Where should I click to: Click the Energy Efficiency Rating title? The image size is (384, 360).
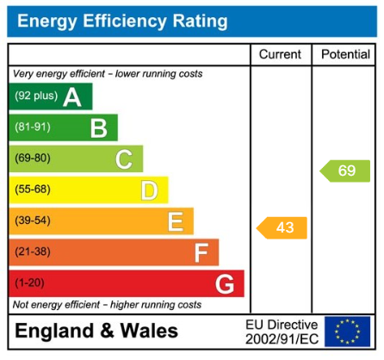point(123,21)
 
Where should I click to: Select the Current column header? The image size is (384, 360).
point(280,54)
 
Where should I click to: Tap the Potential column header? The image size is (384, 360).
point(345,54)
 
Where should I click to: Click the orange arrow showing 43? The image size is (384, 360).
point(282,227)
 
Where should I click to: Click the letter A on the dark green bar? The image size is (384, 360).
point(72,97)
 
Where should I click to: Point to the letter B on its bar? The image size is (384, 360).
point(98,128)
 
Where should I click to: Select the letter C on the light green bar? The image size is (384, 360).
point(124,159)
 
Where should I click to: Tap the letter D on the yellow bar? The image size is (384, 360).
point(149,190)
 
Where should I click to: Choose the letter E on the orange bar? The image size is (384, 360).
point(175,221)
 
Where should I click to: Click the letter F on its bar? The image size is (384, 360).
point(201,252)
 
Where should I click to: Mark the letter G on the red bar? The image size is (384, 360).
point(225,283)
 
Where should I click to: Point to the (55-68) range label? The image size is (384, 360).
point(33,189)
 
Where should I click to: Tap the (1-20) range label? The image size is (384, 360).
point(29,282)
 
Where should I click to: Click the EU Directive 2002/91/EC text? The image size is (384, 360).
point(282,332)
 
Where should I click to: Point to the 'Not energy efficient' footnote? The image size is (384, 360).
point(107,305)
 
